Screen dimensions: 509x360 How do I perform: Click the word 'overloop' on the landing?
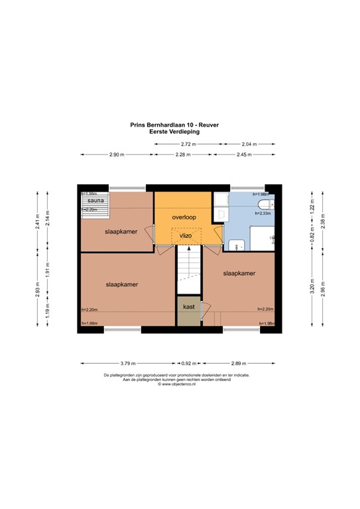(186, 217)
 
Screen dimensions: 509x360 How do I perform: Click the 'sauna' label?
(93, 199)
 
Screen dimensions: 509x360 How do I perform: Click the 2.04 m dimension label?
(249, 144)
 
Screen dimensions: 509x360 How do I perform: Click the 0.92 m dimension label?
(189, 363)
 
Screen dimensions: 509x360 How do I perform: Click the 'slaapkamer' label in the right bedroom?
(239, 273)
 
